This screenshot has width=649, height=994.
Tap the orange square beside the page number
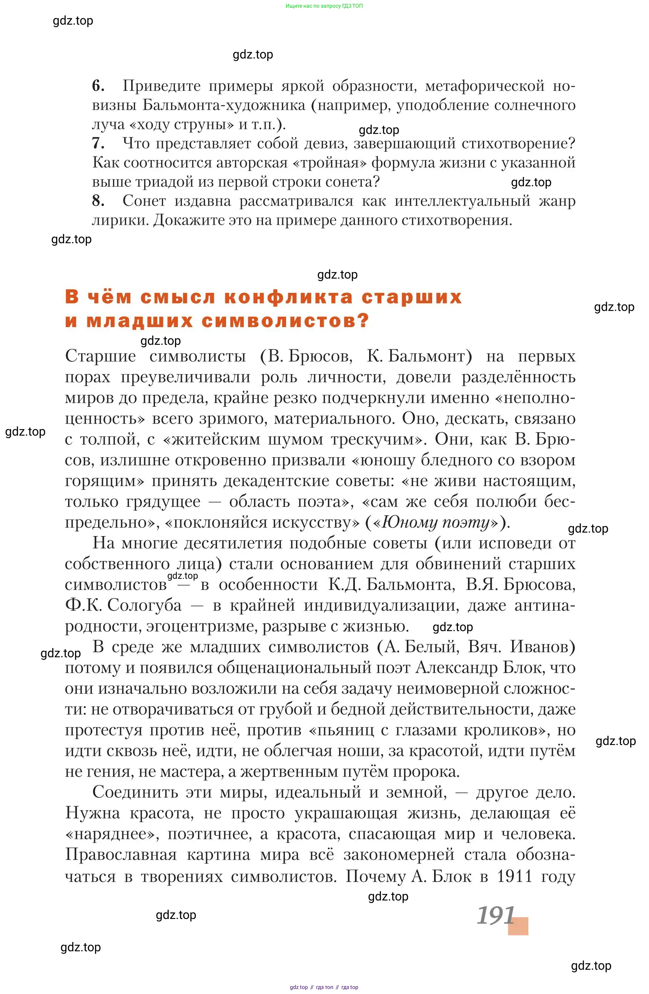(518, 926)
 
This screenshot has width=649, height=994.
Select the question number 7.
(98, 143)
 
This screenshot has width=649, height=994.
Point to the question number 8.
(98, 201)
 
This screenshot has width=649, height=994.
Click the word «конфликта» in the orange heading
(288, 297)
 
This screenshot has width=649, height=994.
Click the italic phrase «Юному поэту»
(435, 523)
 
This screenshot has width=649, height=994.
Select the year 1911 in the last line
(514, 876)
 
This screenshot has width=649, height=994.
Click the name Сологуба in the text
(145, 605)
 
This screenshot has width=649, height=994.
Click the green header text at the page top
(324, 6)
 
